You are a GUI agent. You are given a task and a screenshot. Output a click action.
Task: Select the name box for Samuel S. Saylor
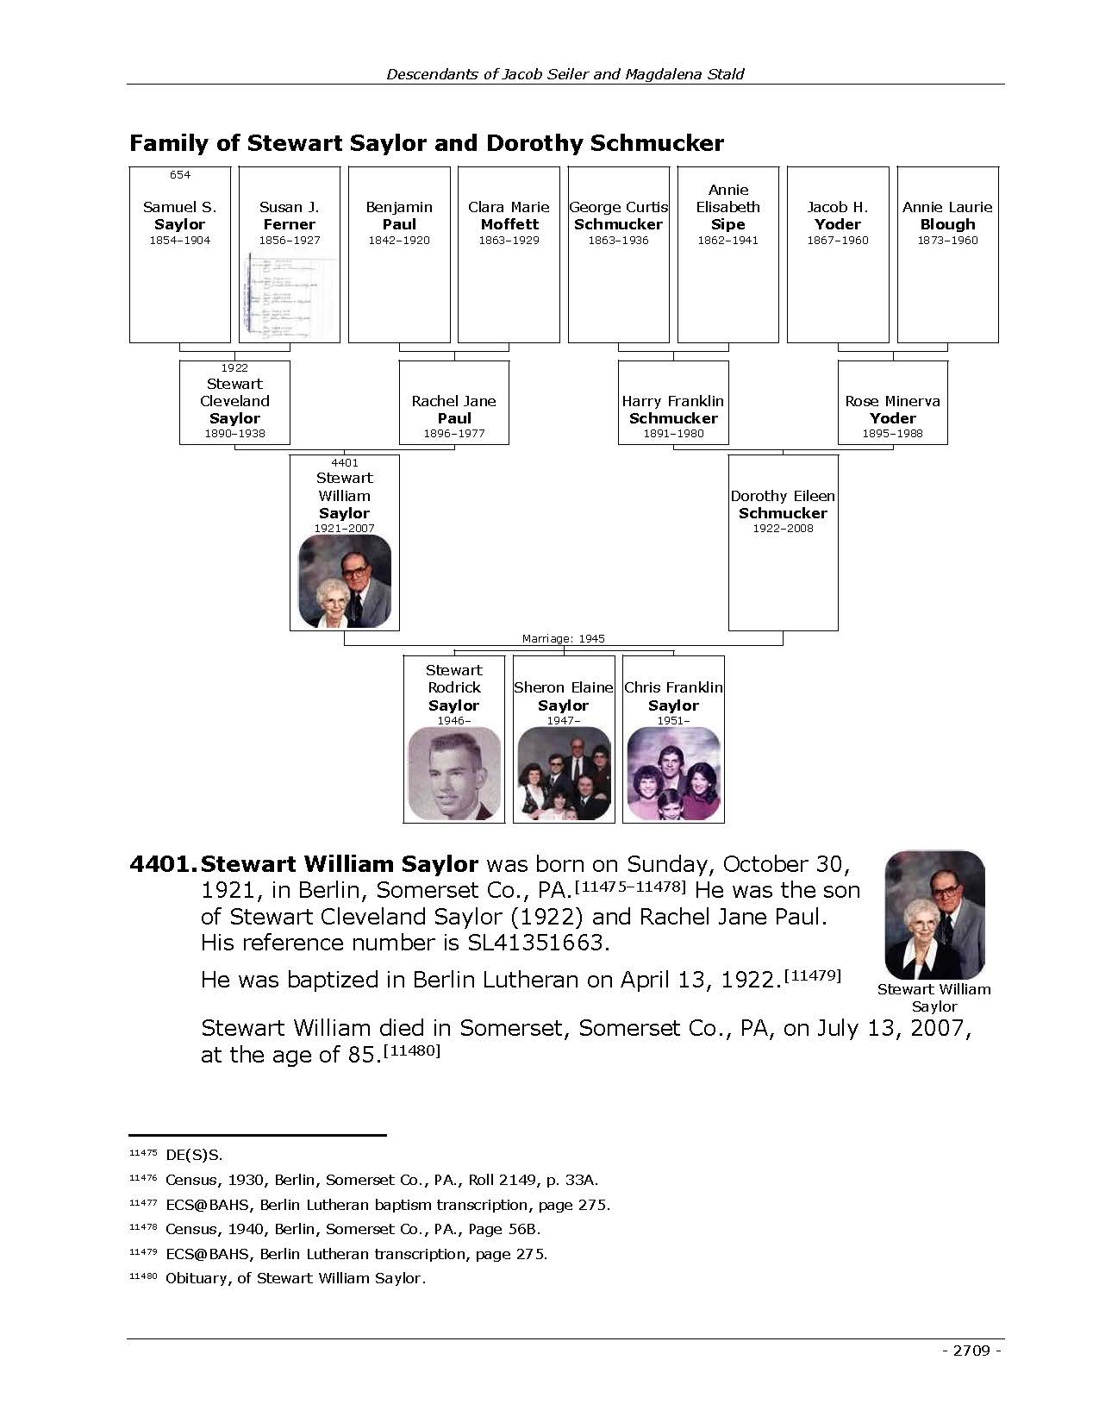(x=180, y=254)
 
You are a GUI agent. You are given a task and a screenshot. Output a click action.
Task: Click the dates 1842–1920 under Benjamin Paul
(x=399, y=241)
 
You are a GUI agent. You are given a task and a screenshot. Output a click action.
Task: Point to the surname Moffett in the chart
(x=509, y=224)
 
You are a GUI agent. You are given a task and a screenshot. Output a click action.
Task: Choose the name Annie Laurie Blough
(x=947, y=216)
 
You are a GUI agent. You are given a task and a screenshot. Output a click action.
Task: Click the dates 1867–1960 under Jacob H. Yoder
(x=838, y=241)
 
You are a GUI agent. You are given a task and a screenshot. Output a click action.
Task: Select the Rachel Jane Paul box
(x=454, y=403)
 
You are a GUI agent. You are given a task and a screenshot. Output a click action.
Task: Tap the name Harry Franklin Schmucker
(x=673, y=410)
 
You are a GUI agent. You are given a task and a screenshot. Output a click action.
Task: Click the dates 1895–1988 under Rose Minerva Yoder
(x=893, y=434)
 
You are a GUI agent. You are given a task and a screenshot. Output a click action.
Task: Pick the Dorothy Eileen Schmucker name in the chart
(x=783, y=505)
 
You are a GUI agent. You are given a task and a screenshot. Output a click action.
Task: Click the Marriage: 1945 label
(x=564, y=639)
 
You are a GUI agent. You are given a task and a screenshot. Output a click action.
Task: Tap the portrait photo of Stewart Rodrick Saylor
(x=454, y=774)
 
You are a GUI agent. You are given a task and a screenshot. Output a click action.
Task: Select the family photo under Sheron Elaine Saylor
(x=564, y=774)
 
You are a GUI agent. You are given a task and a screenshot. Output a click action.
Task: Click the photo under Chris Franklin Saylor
(x=673, y=774)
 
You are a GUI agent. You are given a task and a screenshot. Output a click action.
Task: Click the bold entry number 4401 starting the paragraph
(x=163, y=864)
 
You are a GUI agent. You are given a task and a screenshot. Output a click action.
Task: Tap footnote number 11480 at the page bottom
(x=142, y=1276)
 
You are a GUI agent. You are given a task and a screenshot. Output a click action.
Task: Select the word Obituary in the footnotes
(x=197, y=1278)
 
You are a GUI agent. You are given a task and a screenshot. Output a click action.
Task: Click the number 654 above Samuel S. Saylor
(x=180, y=175)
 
